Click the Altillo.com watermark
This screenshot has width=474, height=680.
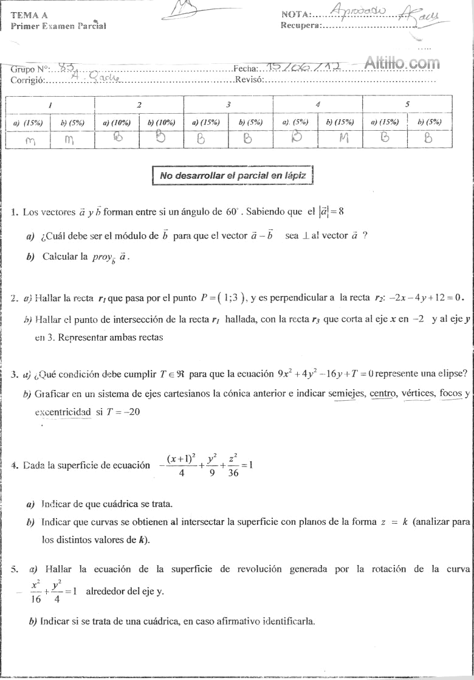pyautogui.click(x=402, y=62)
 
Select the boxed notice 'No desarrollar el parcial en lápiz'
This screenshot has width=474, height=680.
pyautogui.click(x=233, y=176)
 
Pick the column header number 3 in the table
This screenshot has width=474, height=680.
pyautogui.click(x=228, y=105)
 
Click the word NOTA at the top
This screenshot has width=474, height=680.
pyautogui.click(x=296, y=15)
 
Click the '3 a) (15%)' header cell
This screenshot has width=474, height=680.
pyautogui.click(x=205, y=122)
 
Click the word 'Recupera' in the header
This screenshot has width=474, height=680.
pyautogui.click(x=300, y=26)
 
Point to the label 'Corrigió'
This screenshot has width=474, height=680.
pyautogui.click(x=28, y=80)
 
